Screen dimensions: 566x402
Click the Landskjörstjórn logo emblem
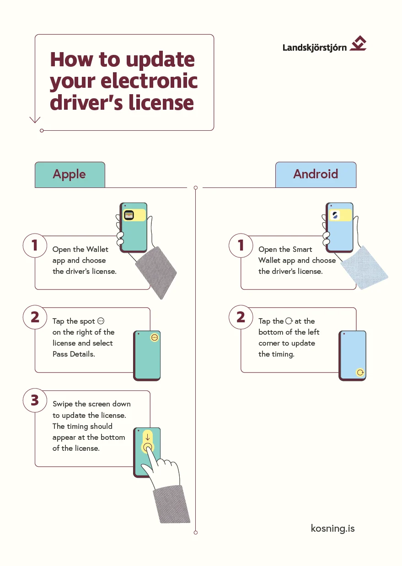tap(358, 44)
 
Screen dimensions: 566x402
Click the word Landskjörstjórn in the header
tap(314, 47)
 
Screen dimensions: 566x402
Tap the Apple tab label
tap(70, 174)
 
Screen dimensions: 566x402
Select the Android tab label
tap(316, 174)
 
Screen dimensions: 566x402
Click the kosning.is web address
tap(332, 529)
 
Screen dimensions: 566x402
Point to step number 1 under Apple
tap(35, 246)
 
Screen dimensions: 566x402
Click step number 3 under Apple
tap(35, 400)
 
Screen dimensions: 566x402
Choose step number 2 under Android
tap(241, 317)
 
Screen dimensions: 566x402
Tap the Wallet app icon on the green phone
tap(129, 215)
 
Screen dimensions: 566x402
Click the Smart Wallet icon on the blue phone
tap(335, 215)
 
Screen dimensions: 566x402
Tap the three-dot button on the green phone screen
tap(155, 337)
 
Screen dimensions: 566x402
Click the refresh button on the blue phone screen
tap(360, 372)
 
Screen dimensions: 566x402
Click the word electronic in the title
tap(149, 81)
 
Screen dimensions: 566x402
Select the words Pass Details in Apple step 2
tap(74, 354)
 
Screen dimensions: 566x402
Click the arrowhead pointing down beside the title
tap(35, 120)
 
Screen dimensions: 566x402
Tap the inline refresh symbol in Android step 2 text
tap(289, 321)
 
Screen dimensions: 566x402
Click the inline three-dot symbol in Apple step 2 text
tap(101, 321)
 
